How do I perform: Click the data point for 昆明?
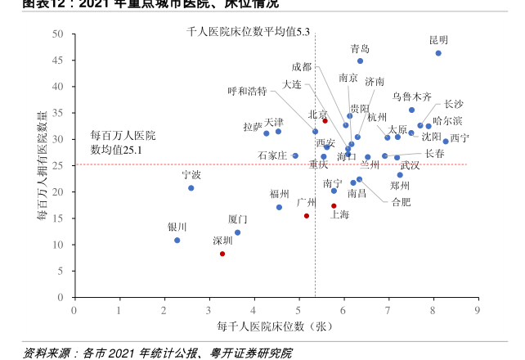tap(438, 53)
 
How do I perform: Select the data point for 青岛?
tap(360, 61)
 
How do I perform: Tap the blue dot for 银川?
tap(177, 241)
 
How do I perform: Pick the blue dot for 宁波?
tap(191, 188)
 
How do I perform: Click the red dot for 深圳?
tap(222, 254)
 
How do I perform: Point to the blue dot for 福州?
tap(279, 207)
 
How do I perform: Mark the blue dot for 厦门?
tap(237, 232)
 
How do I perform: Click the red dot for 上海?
tap(334, 206)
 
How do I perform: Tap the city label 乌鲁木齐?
tap(412, 97)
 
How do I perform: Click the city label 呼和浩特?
tap(247, 91)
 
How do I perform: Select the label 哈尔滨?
tap(447, 121)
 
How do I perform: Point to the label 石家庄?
tap(272, 155)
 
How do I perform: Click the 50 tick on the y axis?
tap(58, 34)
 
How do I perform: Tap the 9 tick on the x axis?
tap(477, 309)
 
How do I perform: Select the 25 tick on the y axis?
tap(58, 165)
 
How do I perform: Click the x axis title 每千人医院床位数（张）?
tap(274, 326)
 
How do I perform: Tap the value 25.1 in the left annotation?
tap(132, 151)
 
